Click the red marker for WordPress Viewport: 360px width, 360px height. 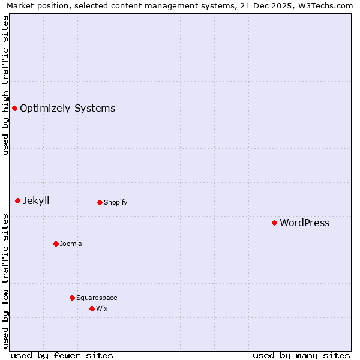274,223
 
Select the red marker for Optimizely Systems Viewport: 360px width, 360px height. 14,108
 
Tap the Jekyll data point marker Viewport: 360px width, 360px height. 17,200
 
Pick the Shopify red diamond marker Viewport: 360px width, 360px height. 100,202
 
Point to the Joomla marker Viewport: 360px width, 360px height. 56,244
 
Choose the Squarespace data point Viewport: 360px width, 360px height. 72,298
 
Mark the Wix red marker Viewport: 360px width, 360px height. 92,308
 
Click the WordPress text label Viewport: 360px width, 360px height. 304,223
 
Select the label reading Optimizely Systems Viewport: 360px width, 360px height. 67,108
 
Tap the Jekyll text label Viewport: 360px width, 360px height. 36,200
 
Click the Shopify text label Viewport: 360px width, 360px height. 115,202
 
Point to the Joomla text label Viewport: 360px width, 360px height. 71,244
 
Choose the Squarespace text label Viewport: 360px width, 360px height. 97,298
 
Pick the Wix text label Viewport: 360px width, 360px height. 101,308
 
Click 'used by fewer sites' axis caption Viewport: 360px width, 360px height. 62,355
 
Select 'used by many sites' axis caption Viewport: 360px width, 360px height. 301,355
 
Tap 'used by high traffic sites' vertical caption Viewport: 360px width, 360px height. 5,85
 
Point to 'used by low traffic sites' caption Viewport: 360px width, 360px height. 5,280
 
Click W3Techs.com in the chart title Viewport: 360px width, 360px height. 327,5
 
